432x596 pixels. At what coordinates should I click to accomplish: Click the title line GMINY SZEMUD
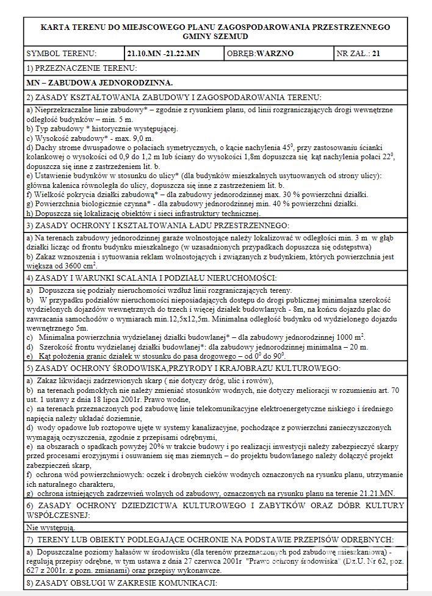[215, 37]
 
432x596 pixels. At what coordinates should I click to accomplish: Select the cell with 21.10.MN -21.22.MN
[163, 54]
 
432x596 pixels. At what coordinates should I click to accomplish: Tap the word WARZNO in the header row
[275, 54]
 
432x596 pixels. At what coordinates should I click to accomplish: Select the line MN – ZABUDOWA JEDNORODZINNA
[100, 82]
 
